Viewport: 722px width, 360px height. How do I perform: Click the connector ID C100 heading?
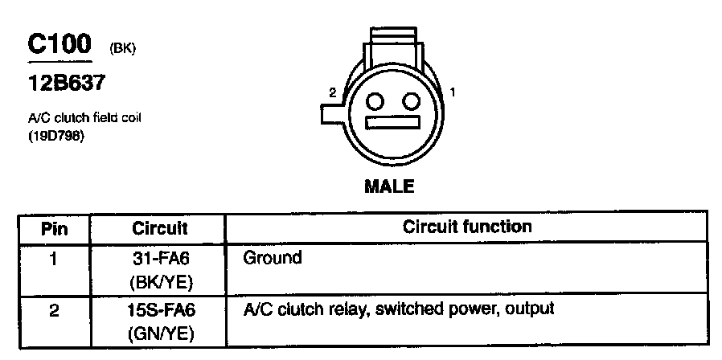pyautogui.click(x=60, y=45)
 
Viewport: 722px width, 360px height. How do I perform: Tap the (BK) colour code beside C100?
pyautogui.click(x=122, y=49)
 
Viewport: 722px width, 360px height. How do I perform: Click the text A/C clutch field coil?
pyautogui.click(x=86, y=118)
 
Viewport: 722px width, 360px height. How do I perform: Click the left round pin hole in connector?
pyautogui.click(x=375, y=101)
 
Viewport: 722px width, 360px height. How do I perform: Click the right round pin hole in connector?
pyautogui.click(x=412, y=101)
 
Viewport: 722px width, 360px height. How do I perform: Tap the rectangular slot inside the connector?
pyautogui.click(x=393, y=124)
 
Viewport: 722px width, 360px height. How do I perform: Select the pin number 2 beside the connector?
pyautogui.click(x=331, y=93)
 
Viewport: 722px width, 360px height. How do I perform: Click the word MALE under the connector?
pyautogui.click(x=390, y=187)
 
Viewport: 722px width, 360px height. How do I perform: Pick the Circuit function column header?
pyautogui.click(x=467, y=227)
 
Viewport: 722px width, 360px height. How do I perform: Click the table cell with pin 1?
pyautogui.click(x=54, y=259)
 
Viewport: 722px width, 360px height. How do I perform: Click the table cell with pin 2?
pyautogui.click(x=54, y=309)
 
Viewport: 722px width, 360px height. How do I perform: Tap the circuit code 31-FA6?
pyautogui.click(x=159, y=259)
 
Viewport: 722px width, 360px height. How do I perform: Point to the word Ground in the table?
pyautogui.click(x=273, y=258)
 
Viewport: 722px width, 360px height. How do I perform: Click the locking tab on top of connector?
pyautogui.click(x=393, y=44)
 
